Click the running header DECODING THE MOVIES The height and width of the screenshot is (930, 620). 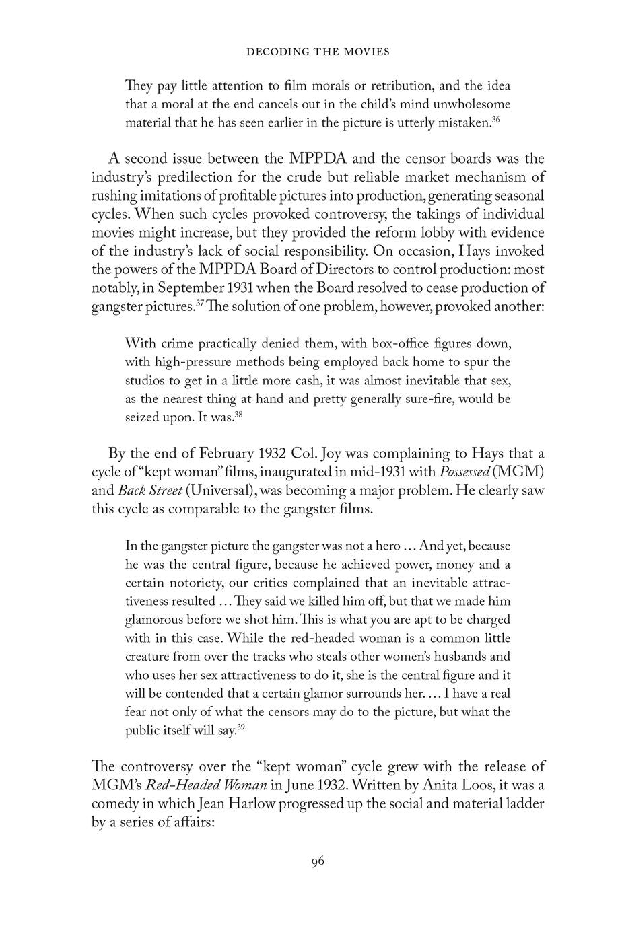point(318,51)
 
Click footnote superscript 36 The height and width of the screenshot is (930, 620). point(495,120)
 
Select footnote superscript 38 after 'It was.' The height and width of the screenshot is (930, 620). point(238,414)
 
